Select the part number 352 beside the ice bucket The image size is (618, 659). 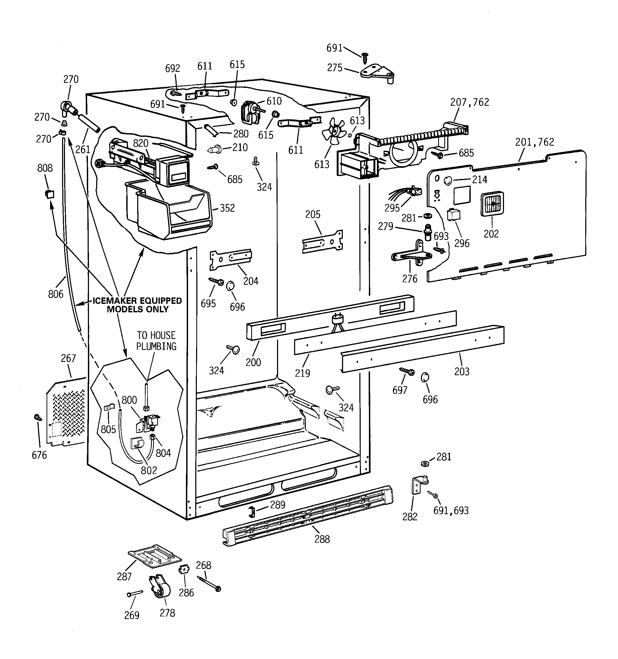tap(227, 208)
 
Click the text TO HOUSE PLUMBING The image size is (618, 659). tap(156, 341)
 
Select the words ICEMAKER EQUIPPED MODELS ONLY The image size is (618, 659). tap(137, 305)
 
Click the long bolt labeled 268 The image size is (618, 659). tap(209, 584)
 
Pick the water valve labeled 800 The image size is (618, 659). tap(149, 423)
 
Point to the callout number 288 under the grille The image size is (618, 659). tap(322, 539)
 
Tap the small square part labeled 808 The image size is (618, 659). tap(50, 194)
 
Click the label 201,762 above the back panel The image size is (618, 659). tap(534, 142)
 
